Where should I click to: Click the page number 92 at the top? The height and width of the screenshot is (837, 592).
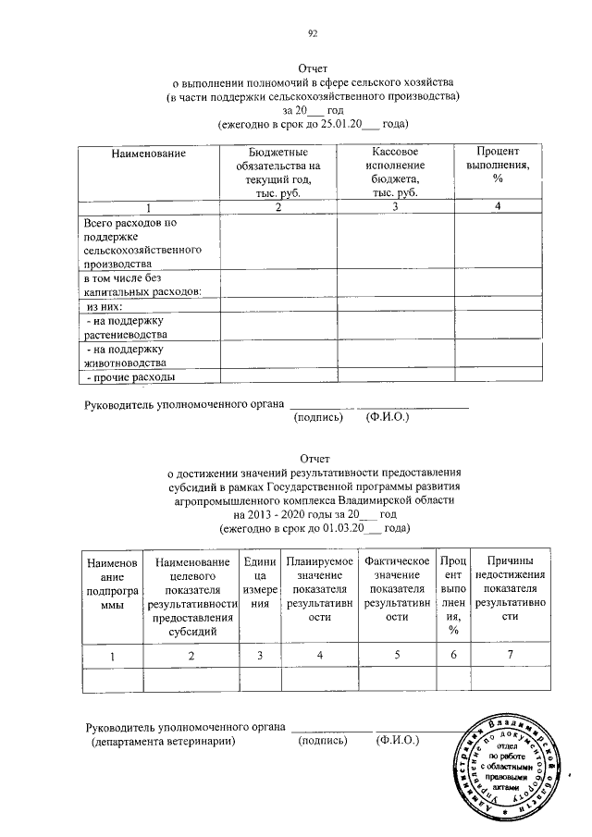point(313,34)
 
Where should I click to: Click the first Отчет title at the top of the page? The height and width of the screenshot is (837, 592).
point(313,69)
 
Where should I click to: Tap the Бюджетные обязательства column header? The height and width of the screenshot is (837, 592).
point(277,171)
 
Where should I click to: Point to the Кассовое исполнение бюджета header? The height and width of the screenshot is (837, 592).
point(395,171)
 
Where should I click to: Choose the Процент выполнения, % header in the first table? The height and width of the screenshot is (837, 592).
point(497,165)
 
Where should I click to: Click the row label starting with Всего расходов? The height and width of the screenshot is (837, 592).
point(136,243)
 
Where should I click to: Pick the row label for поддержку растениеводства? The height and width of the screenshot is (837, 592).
point(125,326)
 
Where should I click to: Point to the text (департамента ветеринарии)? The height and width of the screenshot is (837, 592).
point(162,741)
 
